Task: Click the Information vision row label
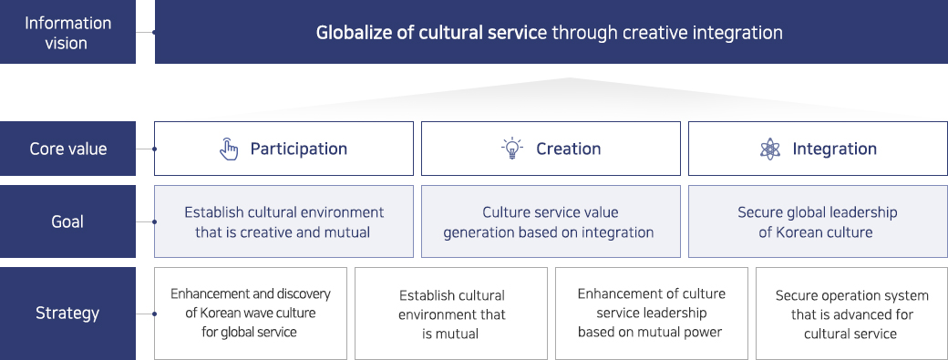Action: pos(67,33)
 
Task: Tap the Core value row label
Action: pos(67,149)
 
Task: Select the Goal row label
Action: pos(67,221)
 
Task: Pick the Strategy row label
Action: pos(67,313)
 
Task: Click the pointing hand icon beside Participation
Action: pos(229,149)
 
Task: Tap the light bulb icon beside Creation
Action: pos(512,149)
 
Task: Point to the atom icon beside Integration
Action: pos(770,149)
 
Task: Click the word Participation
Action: pos(299,149)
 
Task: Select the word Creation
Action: pos(568,149)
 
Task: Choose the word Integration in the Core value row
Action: pos(834,149)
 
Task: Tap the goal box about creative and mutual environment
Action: pos(284,221)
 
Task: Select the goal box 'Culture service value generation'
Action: pos(551,221)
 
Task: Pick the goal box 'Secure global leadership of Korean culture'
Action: pos(818,221)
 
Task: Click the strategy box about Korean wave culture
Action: pos(251,314)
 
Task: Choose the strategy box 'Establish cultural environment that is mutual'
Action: pos(451,314)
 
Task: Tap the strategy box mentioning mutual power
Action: pos(651,314)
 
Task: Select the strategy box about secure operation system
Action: pos(852,314)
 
